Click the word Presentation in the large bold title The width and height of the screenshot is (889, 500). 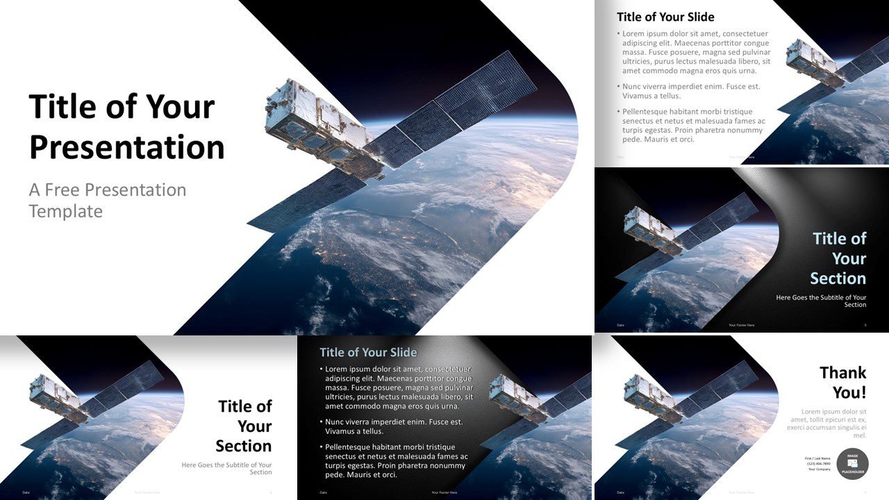click(x=127, y=147)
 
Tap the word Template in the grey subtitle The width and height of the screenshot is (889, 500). click(x=66, y=211)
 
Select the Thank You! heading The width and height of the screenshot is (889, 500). click(x=842, y=383)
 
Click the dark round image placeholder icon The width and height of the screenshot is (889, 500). click(x=852, y=464)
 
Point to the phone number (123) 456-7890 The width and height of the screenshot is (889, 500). click(x=819, y=464)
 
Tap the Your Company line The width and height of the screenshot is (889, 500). click(x=820, y=469)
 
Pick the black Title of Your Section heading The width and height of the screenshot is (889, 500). click(x=244, y=426)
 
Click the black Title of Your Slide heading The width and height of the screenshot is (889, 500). click(x=665, y=17)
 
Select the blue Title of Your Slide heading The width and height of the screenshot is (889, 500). click(x=368, y=352)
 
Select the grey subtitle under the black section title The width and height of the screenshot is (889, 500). click(x=226, y=468)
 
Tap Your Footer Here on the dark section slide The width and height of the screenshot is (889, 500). click(x=741, y=325)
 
